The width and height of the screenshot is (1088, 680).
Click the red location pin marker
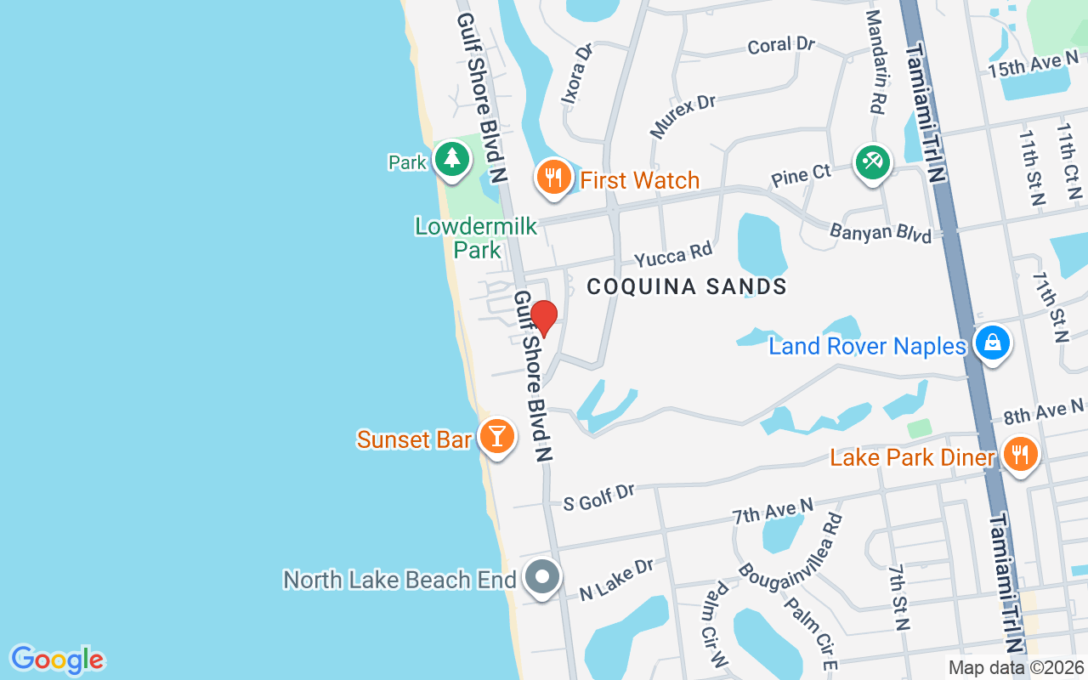tap(544, 318)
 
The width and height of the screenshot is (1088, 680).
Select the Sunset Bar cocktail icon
tap(496, 436)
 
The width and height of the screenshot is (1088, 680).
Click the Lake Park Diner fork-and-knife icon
tap(1018, 454)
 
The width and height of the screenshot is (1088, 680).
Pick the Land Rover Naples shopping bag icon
tap(992, 344)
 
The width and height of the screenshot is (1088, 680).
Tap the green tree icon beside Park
tap(451, 158)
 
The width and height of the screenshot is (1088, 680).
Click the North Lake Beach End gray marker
tap(542, 577)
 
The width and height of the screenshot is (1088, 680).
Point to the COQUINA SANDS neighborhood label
tap(687, 286)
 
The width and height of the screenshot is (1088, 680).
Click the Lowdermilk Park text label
tap(476, 237)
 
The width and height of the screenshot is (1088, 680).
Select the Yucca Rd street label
tap(673, 252)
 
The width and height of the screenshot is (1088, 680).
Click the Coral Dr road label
tap(781, 45)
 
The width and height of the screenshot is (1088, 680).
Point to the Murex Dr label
tap(683, 116)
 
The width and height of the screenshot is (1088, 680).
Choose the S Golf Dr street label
tap(599, 497)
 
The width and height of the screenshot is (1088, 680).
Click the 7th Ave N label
tap(773, 512)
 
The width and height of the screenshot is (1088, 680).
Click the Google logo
tap(57, 660)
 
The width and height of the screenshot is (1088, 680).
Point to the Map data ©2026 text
tap(1017, 668)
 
